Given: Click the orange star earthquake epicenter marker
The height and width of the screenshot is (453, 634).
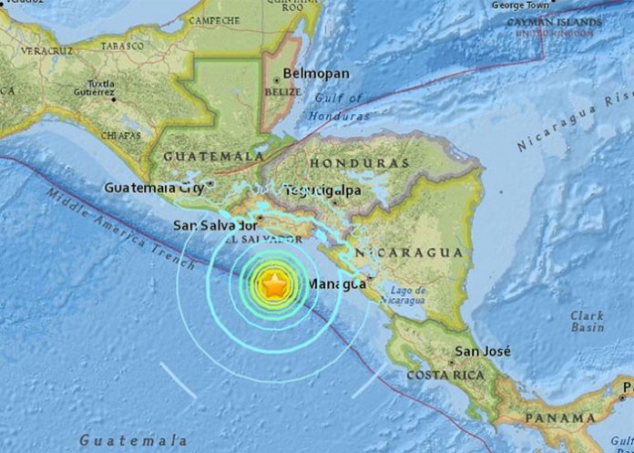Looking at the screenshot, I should click(x=274, y=286).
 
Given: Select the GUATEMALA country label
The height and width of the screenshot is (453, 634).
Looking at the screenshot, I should click(x=213, y=157).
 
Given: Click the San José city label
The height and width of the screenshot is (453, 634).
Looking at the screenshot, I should click(x=483, y=352).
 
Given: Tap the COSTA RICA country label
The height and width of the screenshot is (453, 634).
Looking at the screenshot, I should click(x=445, y=376).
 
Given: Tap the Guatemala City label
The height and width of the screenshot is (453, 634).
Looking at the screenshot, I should click(x=153, y=189).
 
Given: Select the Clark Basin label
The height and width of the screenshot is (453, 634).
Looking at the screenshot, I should click(x=587, y=322).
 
